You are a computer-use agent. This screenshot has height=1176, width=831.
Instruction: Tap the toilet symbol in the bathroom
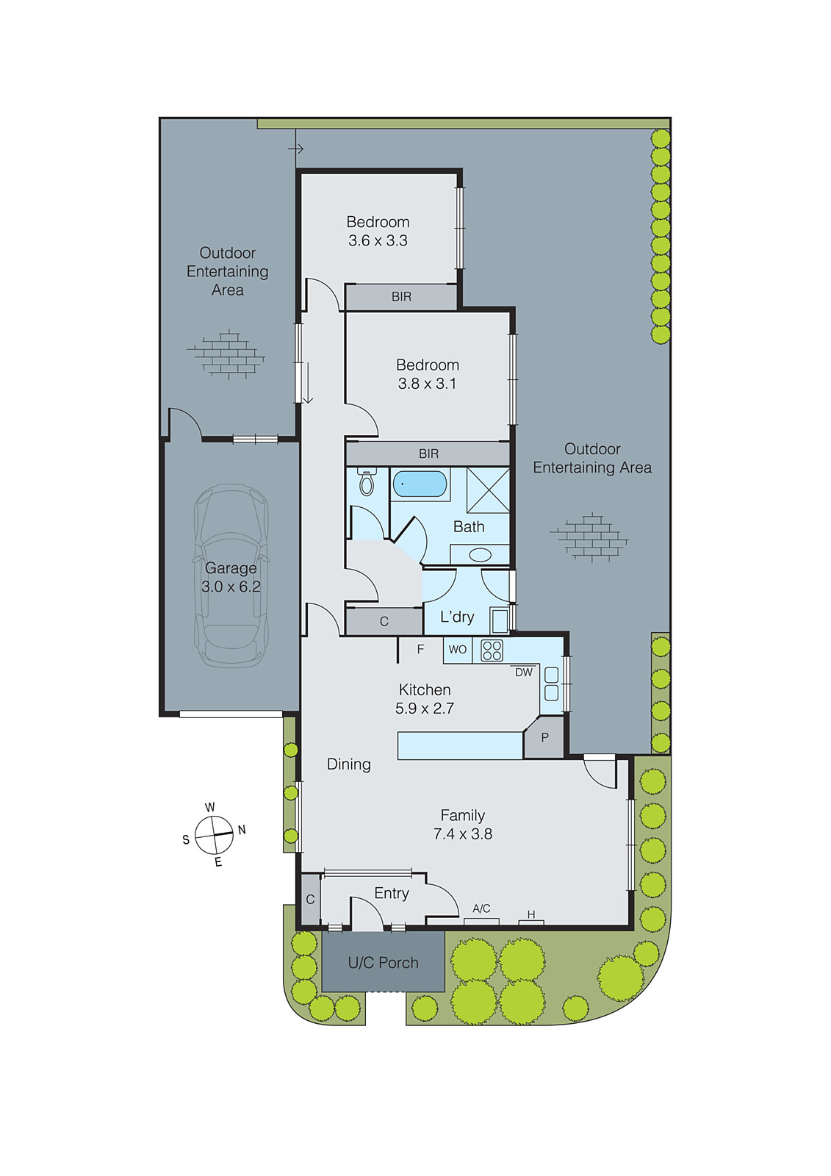coord(367,482)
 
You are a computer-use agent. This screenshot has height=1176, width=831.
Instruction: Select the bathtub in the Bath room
coord(420,484)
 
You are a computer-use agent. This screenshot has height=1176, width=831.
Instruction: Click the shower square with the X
coord(488,489)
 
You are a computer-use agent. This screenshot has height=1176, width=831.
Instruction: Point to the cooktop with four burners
coord(492,650)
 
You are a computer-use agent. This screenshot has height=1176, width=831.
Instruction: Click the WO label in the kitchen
coord(458,650)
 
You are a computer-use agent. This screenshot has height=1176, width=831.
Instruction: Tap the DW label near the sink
coord(523,672)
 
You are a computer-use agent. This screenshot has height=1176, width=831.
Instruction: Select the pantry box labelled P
coord(544,738)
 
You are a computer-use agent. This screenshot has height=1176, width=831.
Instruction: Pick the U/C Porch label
coord(383,963)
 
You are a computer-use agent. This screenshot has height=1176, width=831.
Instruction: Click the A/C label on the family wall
coord(481,908)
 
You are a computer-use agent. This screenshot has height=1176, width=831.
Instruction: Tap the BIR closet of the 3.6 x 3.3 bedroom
coord(401,297)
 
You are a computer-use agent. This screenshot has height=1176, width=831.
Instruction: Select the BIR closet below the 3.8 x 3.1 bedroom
coord(428,453)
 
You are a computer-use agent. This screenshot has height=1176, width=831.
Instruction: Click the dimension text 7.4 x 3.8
coord(462,834)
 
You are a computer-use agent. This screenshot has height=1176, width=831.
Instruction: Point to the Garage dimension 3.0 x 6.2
coord(231,587)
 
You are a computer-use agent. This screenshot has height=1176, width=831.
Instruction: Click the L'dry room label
coord(457,617)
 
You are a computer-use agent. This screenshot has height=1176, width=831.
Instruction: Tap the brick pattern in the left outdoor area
coord(228,355)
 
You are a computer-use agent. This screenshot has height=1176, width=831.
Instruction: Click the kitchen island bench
coord(460,745)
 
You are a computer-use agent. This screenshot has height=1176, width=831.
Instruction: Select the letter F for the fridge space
coord(420,649)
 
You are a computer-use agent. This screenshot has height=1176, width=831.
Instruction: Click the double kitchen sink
coord(551,684)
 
